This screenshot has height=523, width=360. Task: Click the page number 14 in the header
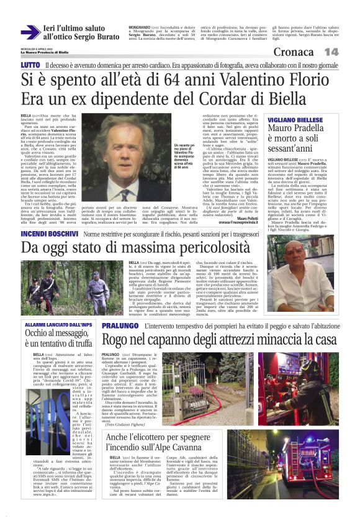[331, 52]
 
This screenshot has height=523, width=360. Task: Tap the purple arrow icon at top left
[30, 33]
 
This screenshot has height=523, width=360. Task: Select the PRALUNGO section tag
[119, 325]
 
